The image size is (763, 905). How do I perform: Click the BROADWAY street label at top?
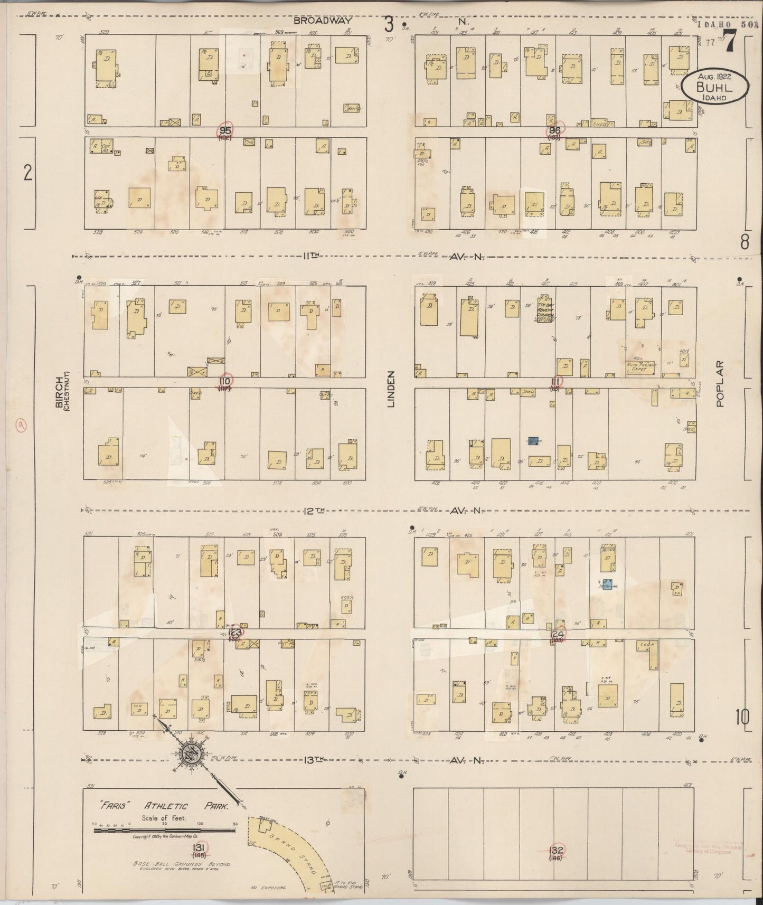pyautogui.click(x=315, y=22)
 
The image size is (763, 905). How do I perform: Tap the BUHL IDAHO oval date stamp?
pyautogui.click(x=713, y=87)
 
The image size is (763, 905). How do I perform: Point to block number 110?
pyautogui.click(x=226, y=381)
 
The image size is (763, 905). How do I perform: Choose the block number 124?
pyautogui.click(x=557, y=633)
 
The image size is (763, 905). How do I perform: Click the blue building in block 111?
pyautogui.click(x=533, y=441)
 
